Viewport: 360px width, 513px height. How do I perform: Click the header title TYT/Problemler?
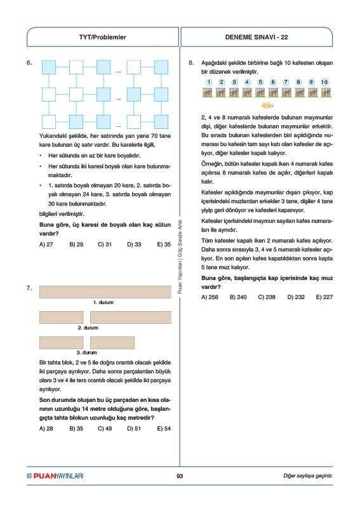(x=102, y=37)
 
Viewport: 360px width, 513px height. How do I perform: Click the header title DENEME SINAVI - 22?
(x=257, y=37)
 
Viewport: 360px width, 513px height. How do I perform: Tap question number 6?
(x=29, y=62)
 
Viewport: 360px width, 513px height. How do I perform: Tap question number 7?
(x=29, y=288)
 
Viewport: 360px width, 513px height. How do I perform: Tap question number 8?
(x=191, y=62)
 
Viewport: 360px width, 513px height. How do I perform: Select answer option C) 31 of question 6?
(x=105, y=244)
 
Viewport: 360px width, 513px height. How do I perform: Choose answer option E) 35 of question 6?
(x=164, y=244)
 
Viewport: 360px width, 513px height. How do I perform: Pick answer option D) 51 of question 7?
(x=134, y=429)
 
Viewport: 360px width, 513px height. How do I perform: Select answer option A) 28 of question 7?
(x=46, y=429)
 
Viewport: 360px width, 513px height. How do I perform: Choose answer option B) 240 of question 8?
(x=238, y=297)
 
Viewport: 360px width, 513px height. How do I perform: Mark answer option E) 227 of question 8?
(x=324, y=297)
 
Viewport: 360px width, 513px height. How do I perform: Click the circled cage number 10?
(x=324, y=82)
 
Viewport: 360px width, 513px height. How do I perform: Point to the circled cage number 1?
(x=209, y=82)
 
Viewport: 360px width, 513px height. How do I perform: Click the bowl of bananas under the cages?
(x=267, y=105)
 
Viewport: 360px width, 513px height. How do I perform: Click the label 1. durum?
(x=103, y=302)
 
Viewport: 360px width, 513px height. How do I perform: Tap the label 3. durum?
(x=87, y=352)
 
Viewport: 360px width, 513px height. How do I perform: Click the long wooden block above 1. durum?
(x=105, y=292)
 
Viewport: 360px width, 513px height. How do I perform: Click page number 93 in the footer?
(x=180, y=476)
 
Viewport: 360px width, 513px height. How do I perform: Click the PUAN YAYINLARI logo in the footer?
(x=55, y=476)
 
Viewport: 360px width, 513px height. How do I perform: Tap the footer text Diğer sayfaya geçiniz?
(x=308, y=476)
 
